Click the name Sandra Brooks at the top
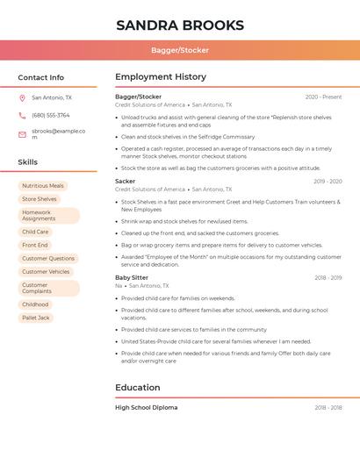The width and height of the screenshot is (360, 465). coord(179,25)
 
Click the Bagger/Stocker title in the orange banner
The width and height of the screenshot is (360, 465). coord(179,50)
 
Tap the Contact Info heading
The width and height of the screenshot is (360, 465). coord(41,77)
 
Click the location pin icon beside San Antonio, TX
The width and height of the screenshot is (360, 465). coord(22,98)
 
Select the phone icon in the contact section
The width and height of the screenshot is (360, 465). coord(22,116)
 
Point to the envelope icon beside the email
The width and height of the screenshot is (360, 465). coord(22,134)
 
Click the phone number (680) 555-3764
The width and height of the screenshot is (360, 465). coord(51,116)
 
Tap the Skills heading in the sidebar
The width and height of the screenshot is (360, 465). coord(28,162)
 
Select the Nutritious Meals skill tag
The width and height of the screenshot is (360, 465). coord(43,186)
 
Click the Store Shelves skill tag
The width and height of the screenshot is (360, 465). coord(40,199)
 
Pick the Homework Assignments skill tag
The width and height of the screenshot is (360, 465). coord(48,216)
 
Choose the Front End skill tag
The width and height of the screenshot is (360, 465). coord(35,246)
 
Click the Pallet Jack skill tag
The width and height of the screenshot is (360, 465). coord(36,318)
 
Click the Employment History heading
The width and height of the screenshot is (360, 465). coord(161,77)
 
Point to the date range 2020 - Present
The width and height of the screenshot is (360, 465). coord(323,97)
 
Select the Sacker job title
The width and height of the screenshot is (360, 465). coord(126,182)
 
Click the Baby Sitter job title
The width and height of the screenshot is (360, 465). coord(132,278)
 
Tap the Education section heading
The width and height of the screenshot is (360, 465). coord(138,388)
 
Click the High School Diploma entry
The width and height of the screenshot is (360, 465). coord(147,408)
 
